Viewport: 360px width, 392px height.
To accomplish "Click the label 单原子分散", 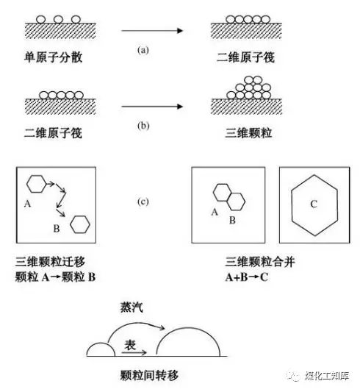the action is (53, 57).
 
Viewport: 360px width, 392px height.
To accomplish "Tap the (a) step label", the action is (143, 50).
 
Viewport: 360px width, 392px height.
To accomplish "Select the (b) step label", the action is (143, 126).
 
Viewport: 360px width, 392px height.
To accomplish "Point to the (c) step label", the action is (143, 202).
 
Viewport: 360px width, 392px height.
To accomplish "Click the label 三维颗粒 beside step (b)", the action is (248, 132).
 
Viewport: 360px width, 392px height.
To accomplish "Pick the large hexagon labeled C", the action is (291, 205).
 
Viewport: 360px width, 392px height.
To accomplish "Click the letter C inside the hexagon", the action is (314, 204).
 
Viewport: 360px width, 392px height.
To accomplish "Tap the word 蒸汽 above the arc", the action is (132, 307).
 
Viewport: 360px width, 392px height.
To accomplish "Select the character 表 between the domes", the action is (130, 345).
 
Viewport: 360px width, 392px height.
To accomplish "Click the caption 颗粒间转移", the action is (149, 375).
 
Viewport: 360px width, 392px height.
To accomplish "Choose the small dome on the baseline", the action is (101, 343).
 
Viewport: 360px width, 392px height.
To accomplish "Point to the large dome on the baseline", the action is (188, 328).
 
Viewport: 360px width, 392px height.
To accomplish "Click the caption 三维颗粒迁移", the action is (50, 262).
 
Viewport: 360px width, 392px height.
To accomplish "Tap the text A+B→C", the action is (247, 277).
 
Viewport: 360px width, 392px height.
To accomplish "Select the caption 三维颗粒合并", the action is (260, 262).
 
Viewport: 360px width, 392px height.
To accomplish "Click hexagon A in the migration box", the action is (26, 184).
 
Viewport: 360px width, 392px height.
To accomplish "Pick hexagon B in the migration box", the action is (70, 224).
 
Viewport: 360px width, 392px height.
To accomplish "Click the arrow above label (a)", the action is (152, 31).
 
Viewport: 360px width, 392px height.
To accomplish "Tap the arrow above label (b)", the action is (152, 107).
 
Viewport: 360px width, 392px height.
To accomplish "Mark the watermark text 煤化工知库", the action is (326, 376).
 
